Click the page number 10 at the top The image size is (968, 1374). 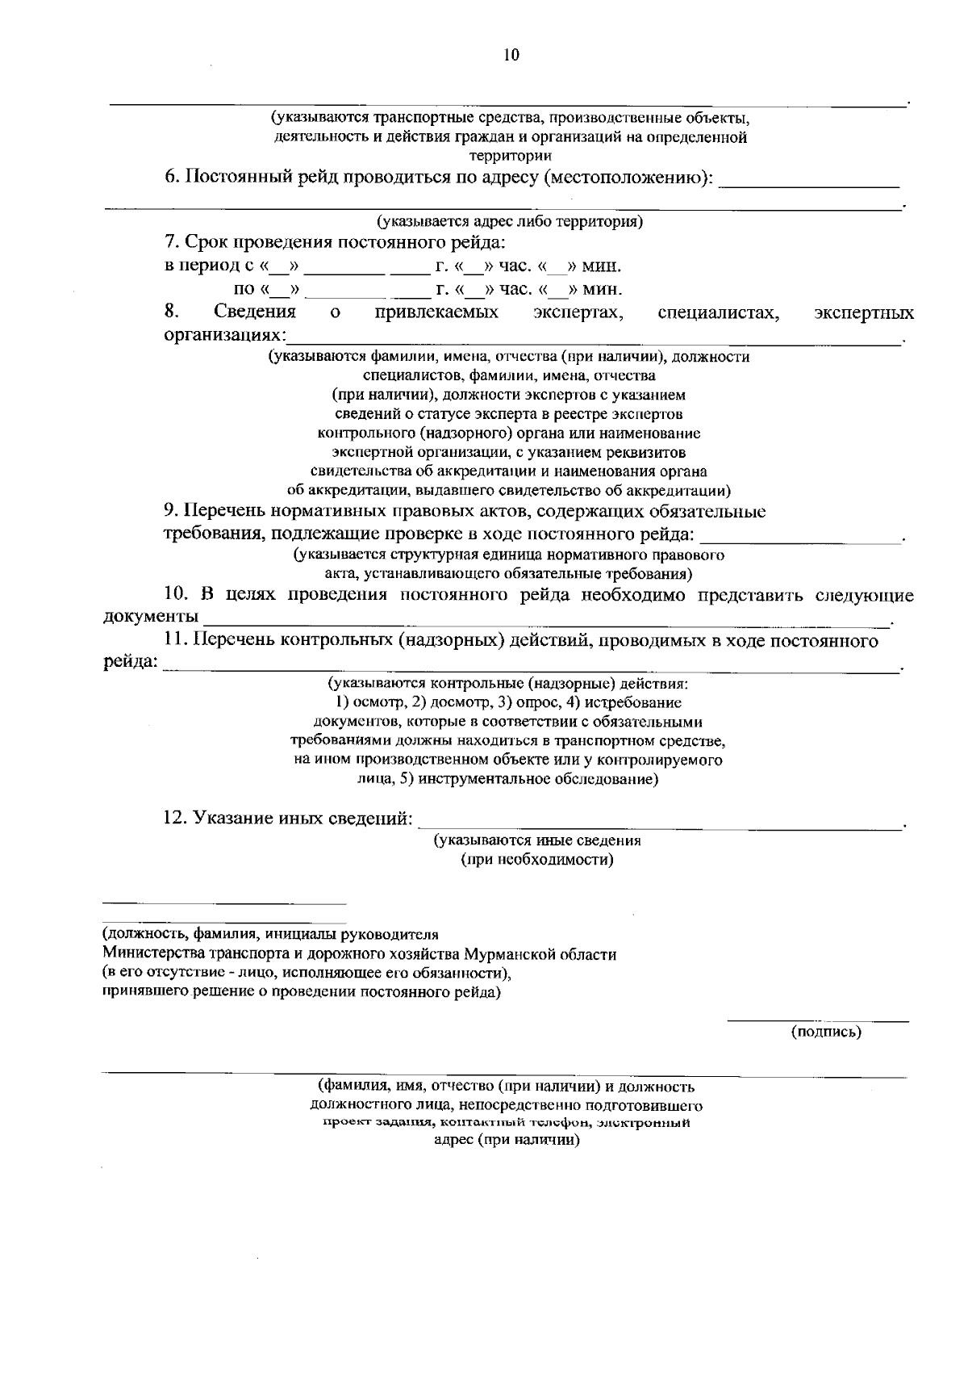pos(511,55)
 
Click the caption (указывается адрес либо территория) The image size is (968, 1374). pos(509,221)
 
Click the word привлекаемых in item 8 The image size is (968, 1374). pos(436,312)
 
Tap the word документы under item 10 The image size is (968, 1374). pos(151,617)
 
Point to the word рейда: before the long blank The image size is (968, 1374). pos(130,663)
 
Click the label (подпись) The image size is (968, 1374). pos(826,1031)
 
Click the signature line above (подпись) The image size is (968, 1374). pos(818,1021)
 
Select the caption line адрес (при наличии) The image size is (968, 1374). pos(507,1141)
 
